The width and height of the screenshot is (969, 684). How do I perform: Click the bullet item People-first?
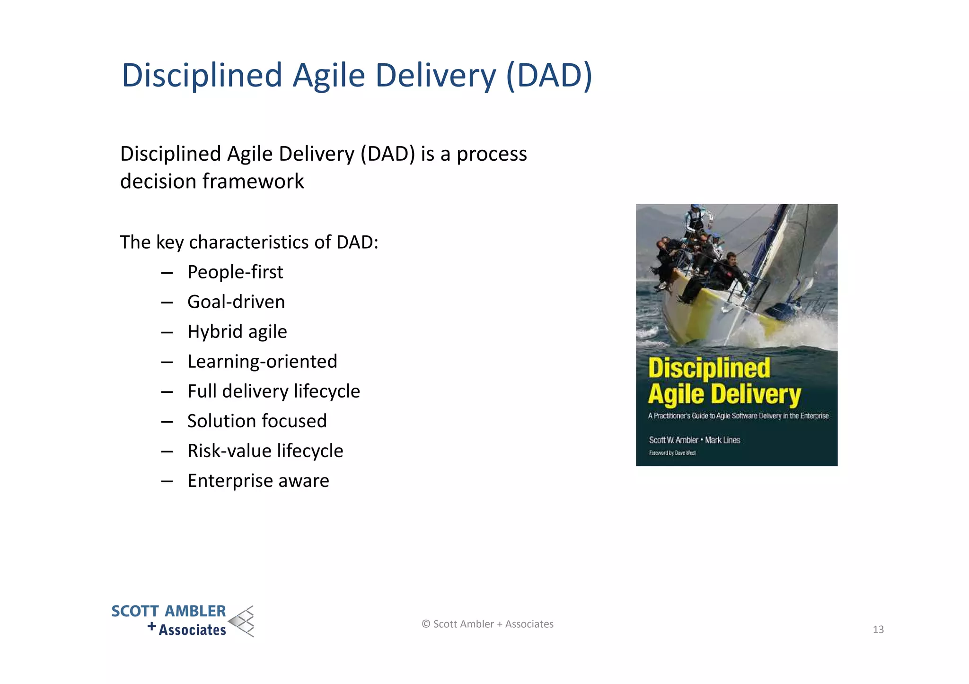coord(235,272)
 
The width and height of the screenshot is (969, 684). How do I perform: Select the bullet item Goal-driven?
coord(236,302)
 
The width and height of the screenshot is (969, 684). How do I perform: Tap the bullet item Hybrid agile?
coord(237,332)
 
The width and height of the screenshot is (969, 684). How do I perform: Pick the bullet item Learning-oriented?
coord(262,362)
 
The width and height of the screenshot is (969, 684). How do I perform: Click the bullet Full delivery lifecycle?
coord(273,391)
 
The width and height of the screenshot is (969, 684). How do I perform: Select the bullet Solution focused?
coord(257,421)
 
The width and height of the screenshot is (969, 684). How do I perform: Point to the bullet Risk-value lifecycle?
coord(265,451)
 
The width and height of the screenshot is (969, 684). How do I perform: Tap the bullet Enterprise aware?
coord(258,481)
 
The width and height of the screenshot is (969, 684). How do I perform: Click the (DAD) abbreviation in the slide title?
coord(549,76)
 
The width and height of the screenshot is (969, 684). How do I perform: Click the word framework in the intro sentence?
coord(254,182)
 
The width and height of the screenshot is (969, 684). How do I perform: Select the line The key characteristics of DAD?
coord(249,242)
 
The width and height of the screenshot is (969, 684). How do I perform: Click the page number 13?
coord(878,630)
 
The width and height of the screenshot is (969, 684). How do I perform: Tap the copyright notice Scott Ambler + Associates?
coord(487,624)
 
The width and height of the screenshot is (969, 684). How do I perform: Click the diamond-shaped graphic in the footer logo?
coord(242,621)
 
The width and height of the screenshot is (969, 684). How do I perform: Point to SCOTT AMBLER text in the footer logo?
coord(168,611)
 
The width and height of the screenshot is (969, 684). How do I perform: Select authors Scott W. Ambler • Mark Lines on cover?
coord(694,440)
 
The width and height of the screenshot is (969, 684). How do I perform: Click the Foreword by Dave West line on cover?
coord(672,453)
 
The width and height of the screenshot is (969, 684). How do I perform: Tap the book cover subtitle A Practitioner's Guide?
coord(738,416)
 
